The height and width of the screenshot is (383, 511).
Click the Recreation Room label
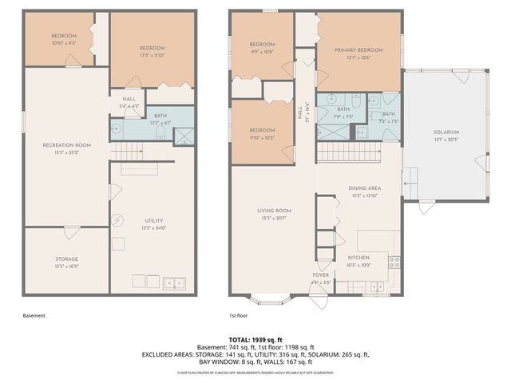coord(67,144)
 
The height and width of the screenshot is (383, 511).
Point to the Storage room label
coord(67,259)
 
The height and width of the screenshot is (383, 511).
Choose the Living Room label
coord(273,211)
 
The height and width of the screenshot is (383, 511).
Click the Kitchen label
coord(358,257)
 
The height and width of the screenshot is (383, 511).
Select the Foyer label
coord(321,275)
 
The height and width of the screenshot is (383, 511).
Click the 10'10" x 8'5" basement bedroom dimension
coord(64,42)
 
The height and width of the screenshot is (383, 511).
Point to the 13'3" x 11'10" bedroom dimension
coord(153,54)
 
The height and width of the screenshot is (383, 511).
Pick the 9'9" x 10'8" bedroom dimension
coord(262,51)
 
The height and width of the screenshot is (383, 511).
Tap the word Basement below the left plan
coord(34,316)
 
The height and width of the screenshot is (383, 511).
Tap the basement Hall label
coord(129,99)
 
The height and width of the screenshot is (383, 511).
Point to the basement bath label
coord(160,116)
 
